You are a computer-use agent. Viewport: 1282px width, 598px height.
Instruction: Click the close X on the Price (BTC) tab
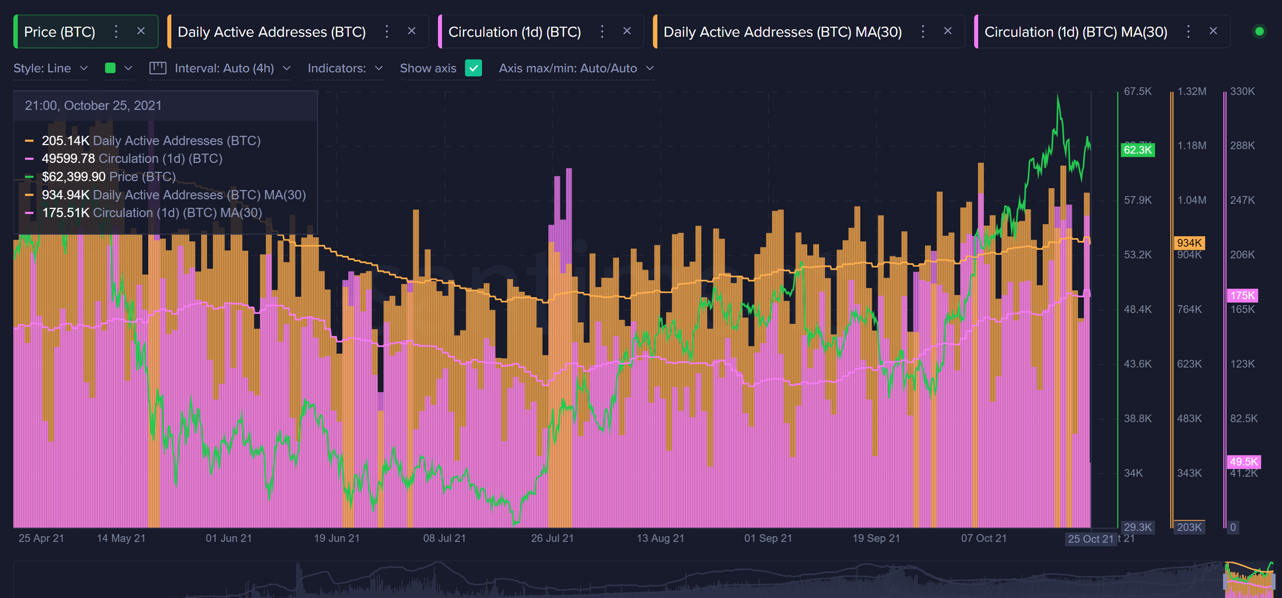(x=141, y=31)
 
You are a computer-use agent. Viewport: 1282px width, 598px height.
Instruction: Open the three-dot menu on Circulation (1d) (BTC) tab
(x=602, y=31)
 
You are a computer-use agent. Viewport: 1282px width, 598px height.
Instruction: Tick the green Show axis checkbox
(x=473, y=68)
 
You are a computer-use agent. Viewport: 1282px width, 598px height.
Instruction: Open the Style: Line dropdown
(x=50, y=68)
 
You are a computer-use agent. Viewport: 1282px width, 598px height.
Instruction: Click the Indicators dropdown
(x=345, y=68)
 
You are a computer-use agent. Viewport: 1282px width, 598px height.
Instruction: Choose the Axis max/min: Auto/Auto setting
(x=576, y=68)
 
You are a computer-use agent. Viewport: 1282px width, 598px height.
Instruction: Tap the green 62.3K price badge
(x=1138, y=150)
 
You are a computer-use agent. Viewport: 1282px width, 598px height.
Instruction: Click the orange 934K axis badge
(x=1189, y=243)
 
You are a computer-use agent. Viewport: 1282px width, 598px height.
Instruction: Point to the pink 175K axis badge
(x=1242, y=295)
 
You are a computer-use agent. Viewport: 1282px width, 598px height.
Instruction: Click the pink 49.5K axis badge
(x=1244, y=461)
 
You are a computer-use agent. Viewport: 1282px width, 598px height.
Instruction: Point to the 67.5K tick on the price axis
(x=1138, y=92)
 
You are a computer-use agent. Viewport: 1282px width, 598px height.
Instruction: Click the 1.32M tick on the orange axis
(x=1192, y=92)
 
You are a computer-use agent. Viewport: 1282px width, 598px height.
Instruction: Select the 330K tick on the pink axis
(x=1242, y=92)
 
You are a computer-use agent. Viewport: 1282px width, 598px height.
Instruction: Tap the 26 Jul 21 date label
(x=552, y=538)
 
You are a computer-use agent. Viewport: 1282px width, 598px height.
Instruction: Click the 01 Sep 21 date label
(x=768, y=538)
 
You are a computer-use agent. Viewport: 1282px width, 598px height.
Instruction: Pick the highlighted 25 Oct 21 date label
(x=1090, y=539)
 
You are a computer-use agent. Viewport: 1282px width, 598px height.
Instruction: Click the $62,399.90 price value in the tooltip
(x=74, y=176)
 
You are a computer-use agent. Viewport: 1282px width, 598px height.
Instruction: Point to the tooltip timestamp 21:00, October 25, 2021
(x=93, y=106)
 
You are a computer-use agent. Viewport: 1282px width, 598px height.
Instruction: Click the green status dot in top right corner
(x=1259, y=31)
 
